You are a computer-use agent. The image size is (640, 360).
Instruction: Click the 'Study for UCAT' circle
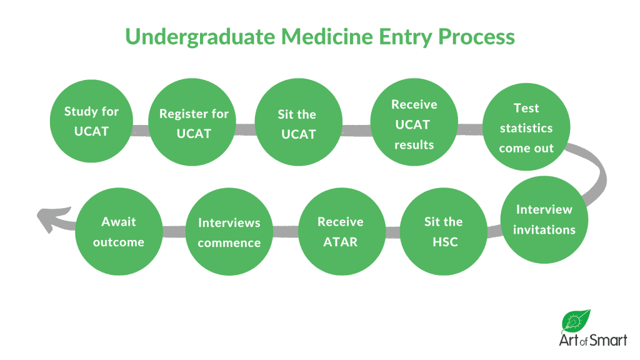91,122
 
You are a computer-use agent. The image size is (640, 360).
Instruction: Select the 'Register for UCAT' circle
194,124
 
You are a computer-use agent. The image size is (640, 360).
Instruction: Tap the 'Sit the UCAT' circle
297,124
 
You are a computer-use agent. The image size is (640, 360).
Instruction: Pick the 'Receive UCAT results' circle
414,124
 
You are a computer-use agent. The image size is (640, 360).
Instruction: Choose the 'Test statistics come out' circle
526,127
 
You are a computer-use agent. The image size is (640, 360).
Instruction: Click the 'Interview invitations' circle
544,220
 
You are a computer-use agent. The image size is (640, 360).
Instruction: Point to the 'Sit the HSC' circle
443,231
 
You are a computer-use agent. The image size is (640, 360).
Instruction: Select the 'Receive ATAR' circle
340,231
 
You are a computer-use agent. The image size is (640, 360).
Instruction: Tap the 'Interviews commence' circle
229,232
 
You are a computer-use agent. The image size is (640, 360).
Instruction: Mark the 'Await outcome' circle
119,231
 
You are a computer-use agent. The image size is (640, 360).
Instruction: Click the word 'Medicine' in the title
324,36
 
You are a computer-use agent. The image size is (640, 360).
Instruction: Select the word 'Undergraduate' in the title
199,36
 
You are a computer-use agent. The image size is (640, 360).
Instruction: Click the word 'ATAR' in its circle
340,242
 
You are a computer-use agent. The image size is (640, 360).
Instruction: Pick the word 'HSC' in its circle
444,242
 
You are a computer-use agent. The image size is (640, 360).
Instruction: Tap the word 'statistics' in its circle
526,128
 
